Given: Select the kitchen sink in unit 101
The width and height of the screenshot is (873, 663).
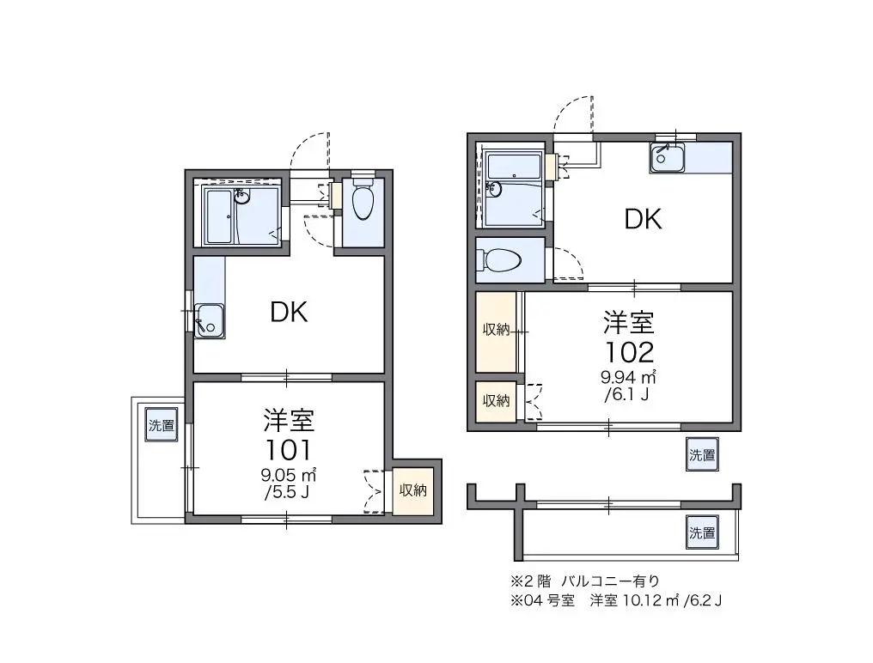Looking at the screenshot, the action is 210,320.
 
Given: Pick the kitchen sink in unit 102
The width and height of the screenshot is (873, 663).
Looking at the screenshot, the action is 667,157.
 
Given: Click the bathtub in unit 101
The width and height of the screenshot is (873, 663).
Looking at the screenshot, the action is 220,216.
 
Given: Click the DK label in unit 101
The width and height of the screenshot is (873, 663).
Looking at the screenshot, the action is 289,313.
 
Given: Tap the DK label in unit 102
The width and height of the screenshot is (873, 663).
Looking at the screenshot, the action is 643,219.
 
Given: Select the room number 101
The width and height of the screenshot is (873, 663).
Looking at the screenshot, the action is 288,451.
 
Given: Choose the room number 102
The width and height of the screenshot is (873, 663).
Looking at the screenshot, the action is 629,352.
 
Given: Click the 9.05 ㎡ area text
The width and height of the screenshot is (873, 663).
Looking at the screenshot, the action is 289,476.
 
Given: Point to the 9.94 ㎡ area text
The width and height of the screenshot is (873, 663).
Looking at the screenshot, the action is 628,377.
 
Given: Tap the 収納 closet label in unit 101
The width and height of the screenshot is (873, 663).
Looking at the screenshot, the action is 413,490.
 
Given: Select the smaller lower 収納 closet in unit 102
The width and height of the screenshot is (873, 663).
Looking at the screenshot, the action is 496,400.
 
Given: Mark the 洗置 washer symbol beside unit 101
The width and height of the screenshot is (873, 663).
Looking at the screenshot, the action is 162,425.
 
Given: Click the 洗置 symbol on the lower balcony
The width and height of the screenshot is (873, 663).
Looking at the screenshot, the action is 701,532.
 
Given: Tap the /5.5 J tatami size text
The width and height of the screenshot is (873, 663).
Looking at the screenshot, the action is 287,493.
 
